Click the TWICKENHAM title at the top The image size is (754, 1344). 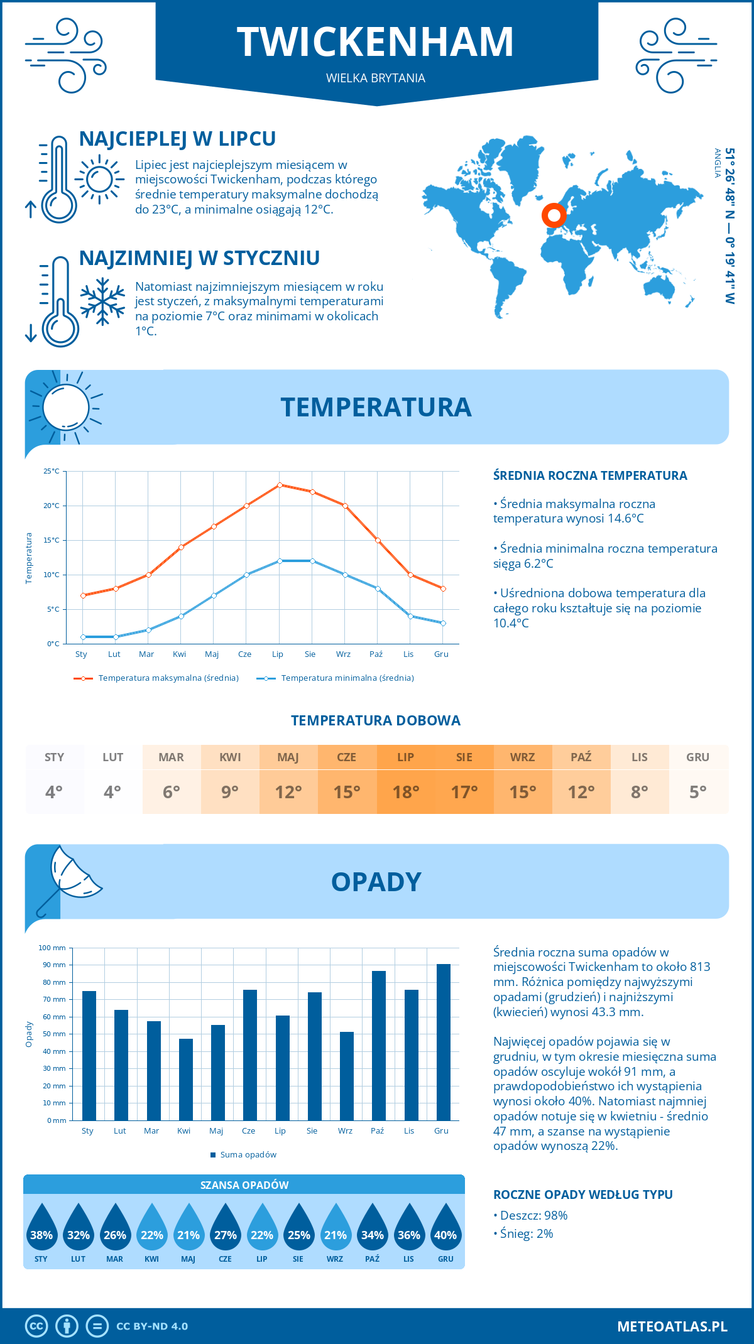pyautogui.click(x=375, y=42)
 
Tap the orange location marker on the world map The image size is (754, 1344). pyautogui.click(x=554, y=215)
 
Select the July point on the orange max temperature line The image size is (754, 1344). pyautogui.click(x=280, y=485)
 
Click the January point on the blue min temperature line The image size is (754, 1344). pyautogui.click(x=83, y=637)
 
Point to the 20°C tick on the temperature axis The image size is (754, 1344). pyautogui.click(x=52, y=506)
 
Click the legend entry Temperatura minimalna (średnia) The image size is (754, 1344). pyautogui.click(x=347, y=678)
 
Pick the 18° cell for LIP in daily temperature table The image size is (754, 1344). pyautogui.click(x=405, y=792)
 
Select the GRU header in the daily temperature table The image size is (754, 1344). pyautogui.click(x=697, y=757)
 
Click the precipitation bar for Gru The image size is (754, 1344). pyautogui.click(x=444, y=1042)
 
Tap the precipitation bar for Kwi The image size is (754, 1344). pyautogui.click(x=186, y=1080)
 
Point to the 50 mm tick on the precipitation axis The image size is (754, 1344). pyautogui.click(x=54, y=1034)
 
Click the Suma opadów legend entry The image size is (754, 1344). pyautogui.click(x=248, y=1155)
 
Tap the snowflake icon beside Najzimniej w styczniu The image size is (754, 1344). pyautogui.click(x=102, y=301)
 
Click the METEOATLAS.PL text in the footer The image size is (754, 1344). pyautogui.click(x=672, y=1326)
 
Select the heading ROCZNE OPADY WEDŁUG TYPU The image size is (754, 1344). pyautogui.click(x=582, y=1195)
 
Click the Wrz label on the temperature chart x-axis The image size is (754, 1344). pyautogui.click(x=343, y=654)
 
